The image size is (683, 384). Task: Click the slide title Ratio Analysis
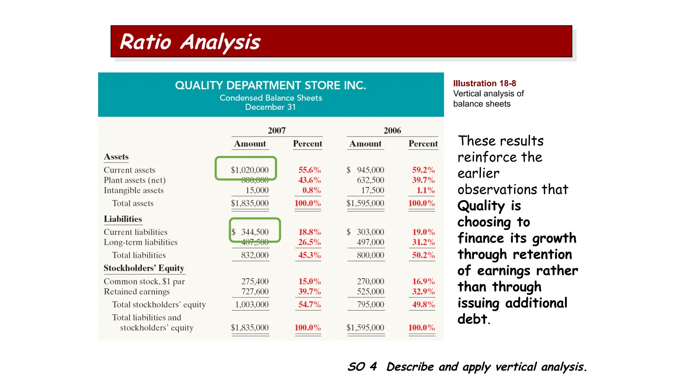[190, 42]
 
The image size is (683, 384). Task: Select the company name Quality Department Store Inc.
[270, 85]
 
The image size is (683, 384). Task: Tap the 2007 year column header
[276, 130]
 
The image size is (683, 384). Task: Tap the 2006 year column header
[392, 130]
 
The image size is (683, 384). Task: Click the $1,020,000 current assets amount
[249, 170]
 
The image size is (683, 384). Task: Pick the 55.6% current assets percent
[309, 170]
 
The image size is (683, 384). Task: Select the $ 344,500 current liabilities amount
[250, 232]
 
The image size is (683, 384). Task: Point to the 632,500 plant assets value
[371, 180]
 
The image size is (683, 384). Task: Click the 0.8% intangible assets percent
[311, 190]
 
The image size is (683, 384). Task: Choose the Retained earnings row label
[137, 292]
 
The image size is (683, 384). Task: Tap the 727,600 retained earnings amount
[255, 292]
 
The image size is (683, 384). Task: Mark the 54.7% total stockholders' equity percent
[309, 305]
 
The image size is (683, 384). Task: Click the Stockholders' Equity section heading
[144, 268]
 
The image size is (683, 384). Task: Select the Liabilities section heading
[123, 219]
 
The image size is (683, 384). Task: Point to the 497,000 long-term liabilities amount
[371, 242]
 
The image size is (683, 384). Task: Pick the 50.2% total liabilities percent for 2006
[423, 255]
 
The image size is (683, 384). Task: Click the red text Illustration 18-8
[484, 83]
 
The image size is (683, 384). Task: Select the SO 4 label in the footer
[362, 367]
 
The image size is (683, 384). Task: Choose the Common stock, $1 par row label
[144, 282]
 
